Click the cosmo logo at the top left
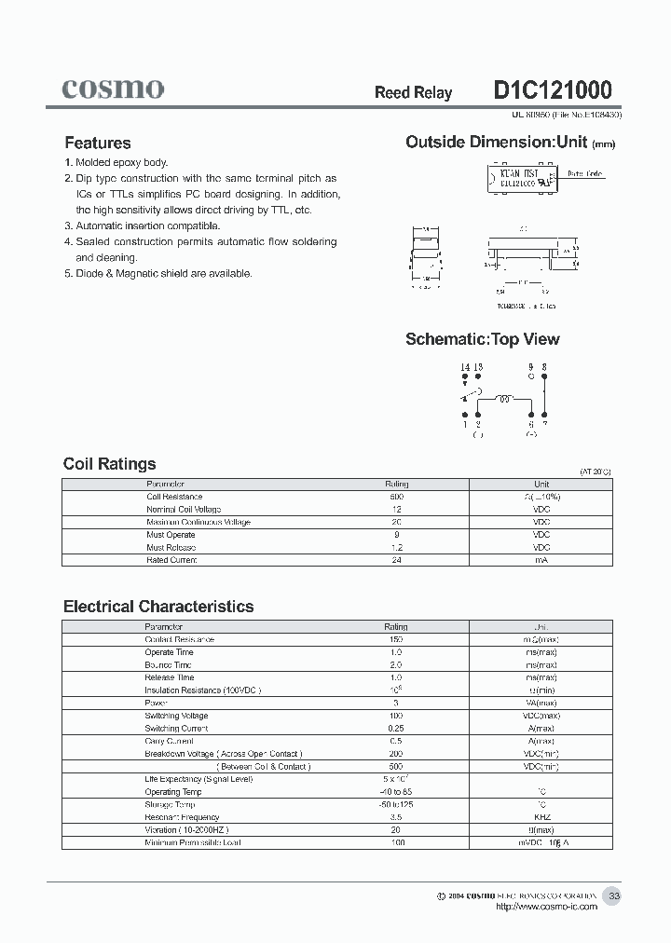[113, 89]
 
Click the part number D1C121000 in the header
[552, 90]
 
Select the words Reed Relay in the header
[413, 92]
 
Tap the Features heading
[97, 143]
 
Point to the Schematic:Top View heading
[482, 339]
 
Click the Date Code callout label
[586, 174]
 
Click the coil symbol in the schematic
[504, 399]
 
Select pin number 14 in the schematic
[464, 367]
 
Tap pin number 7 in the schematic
[545, 423]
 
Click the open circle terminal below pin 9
[531, 377]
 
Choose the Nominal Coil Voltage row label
[184, 510]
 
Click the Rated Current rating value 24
[397, 560]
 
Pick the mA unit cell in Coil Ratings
[541, 560]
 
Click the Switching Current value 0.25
[397, 729]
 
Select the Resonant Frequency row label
[182, 817]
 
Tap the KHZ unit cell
[541, 817]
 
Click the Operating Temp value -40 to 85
[397, 792]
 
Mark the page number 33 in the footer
[613, 895]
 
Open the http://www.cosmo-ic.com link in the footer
[546, 907]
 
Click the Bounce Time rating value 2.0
[397, 665]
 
